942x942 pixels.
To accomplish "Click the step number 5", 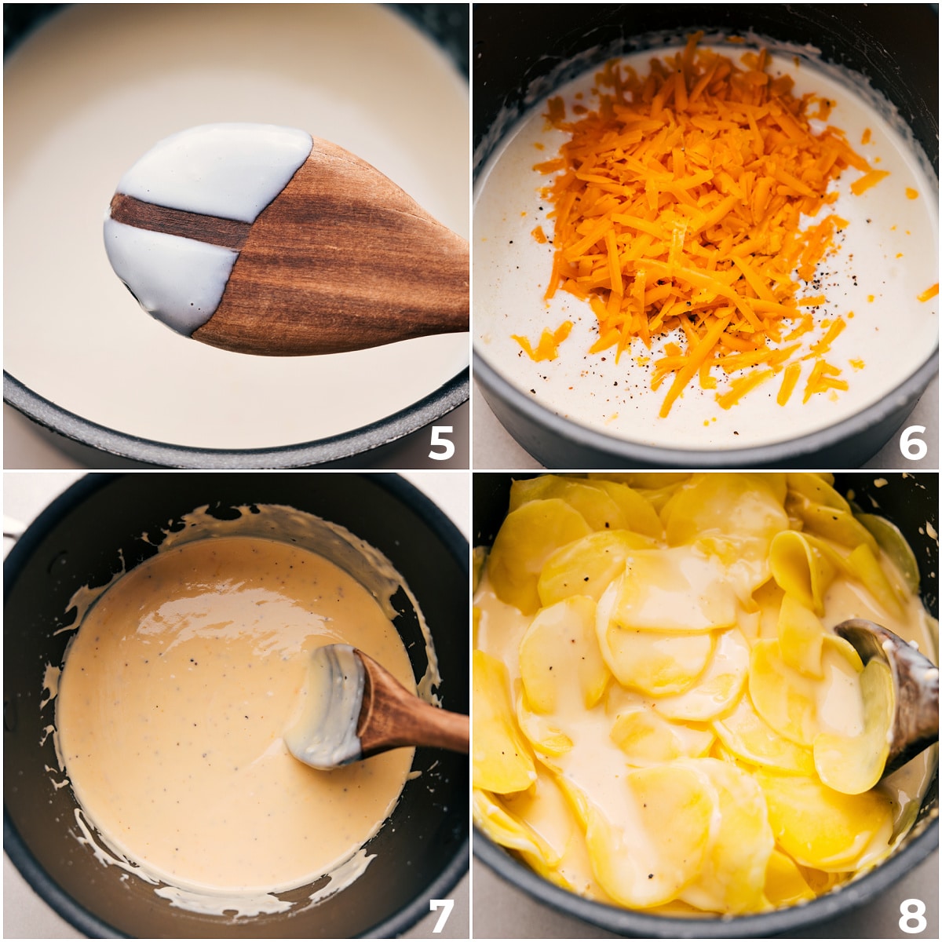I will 441,443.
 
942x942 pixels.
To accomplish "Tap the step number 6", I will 912,443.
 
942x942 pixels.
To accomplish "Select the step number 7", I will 441,915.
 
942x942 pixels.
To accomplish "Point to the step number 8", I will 912,915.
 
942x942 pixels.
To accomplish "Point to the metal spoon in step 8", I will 903,675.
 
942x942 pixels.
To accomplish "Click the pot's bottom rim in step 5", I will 235,440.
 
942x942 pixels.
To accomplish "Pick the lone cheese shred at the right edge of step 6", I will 928,293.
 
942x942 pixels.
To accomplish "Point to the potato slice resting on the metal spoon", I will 856,730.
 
